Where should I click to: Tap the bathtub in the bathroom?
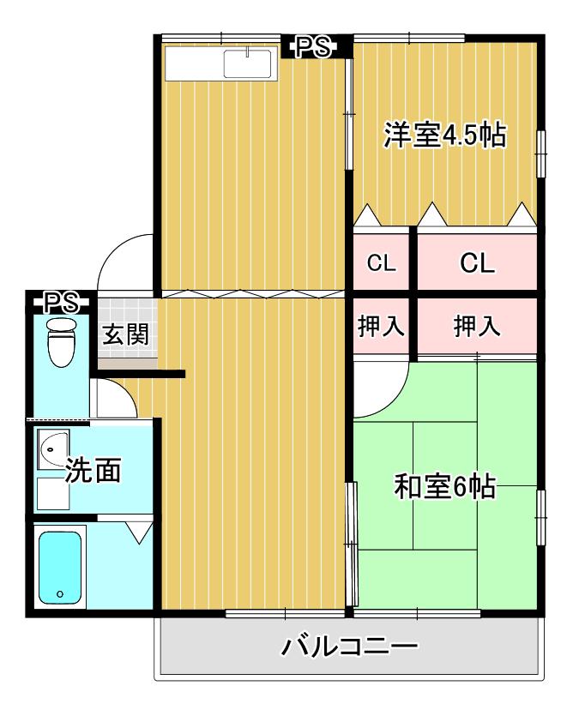tap(60, 568)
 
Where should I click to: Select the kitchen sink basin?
tap(247, 63)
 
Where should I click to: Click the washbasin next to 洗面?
tap(53, 449)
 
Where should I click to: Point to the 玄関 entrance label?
tap(125, 334)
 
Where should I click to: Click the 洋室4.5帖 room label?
tap(444, 135)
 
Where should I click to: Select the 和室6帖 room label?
tap(445, 486)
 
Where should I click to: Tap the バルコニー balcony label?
tap(349, 647)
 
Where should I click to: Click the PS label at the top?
tap(313, 46)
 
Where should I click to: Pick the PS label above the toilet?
tap(61, 303)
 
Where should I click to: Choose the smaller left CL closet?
tap(382, 262)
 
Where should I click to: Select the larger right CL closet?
tap(477, 262)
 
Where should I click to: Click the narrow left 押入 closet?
tap(382, 326)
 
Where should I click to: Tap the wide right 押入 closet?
tap(477, 326)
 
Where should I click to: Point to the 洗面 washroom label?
tap(93, 470)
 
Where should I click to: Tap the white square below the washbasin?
tap(53, 494)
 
